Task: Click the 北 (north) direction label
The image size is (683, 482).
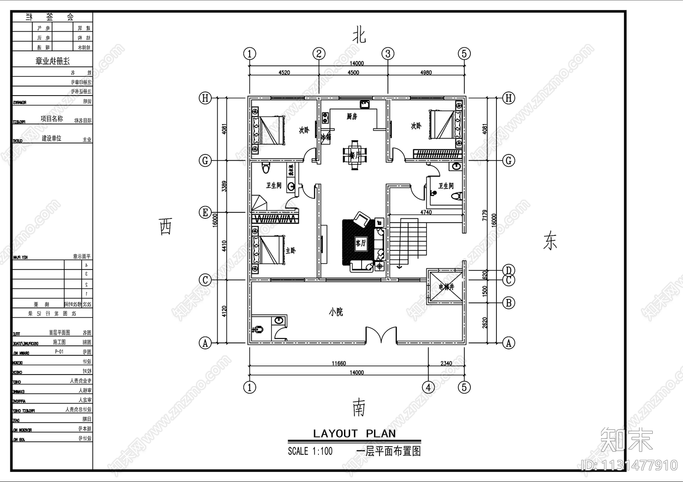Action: pos(359,35)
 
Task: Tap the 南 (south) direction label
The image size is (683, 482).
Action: pos(359,408)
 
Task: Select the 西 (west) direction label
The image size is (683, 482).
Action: pos(166,226)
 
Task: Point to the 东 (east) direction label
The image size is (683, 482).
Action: pos(550,241)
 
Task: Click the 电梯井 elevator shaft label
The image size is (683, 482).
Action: pos(445,287)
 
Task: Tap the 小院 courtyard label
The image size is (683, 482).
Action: pos(336,312)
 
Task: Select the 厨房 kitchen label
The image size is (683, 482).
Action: pos(352,116)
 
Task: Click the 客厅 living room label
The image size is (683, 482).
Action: pos(361,243)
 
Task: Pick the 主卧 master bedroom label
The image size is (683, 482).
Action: pos(290,250)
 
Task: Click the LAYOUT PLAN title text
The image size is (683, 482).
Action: pos(354,434)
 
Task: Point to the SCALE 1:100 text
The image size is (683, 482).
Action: pos(310,451)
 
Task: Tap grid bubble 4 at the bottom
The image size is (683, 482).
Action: pos(428,387)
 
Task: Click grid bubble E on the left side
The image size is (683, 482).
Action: pos(205,212)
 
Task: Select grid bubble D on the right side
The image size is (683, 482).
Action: pos(508,270)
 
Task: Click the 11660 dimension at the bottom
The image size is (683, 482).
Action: pos(339,363)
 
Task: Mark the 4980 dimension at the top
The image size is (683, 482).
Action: pos(426,73)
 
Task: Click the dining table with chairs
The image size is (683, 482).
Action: pos(355,155)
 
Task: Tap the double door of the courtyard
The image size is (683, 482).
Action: pos(381,335)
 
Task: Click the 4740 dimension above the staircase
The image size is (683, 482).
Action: pos(426,212)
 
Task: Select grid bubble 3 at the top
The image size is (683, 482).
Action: pos(388,54)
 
